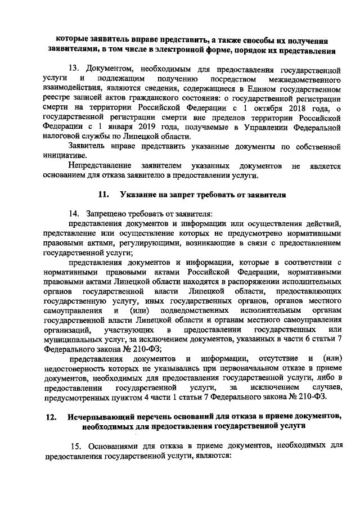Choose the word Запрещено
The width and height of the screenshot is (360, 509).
tap(108, 214)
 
